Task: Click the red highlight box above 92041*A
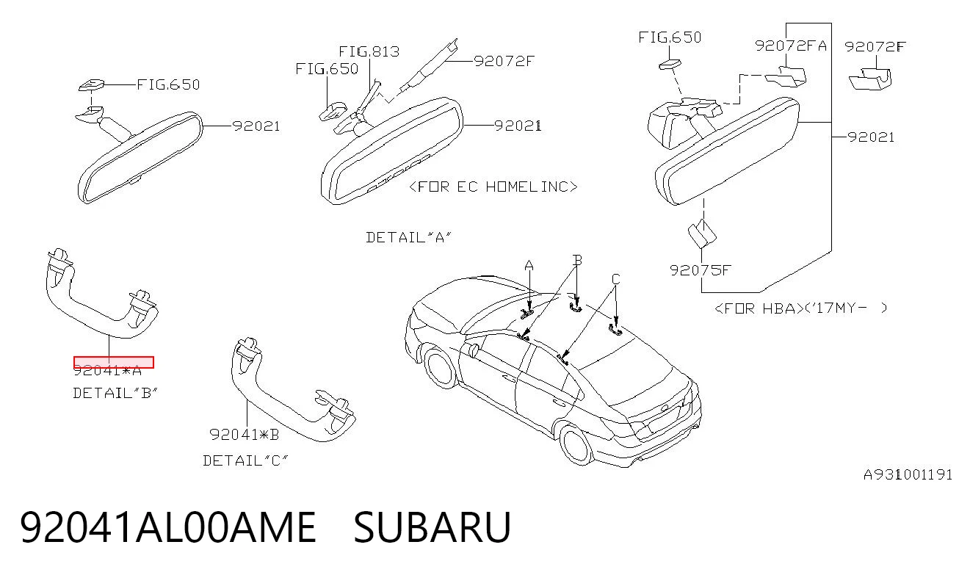pyautogui.click(x=114, y=362)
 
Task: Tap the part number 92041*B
pyautogui.click(x=244, y=435)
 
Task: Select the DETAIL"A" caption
pyautogui.click(x=408, y=237)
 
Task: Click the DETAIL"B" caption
pyautogui.click(x=115, y=393)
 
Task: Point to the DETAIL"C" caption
pyautogui.click(x=245, y=460)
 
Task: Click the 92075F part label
pyautogui.click(x=700, y=270)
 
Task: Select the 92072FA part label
pyautogui.click(x=790, y=46)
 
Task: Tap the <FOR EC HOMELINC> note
pyautogui.click(x=493, y=187)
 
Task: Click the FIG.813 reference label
pyautogui.click(x=369, y=51)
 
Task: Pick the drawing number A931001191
pyautogui.click(x=908, y=474)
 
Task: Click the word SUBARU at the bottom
pyautogui.click(x=432, y=527)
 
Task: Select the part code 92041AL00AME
pyautogui.click(x=168, y=527)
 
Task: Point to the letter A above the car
pyautogui.click(x=529, y=266)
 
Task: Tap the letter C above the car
pyautogui.click(x=615, y=279)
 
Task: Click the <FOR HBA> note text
pyautogui.click(x=756, y=308)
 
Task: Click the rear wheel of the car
pyautogui.click(x=576, y=446)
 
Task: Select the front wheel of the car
pyautogui.click(x=440, y=369)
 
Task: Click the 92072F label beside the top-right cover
pyautogui.click(x=875, y=46)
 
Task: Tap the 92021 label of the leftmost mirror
pyautogui.click(x=256, y=126)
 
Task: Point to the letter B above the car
pyautogui.click(x=578, y=260)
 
